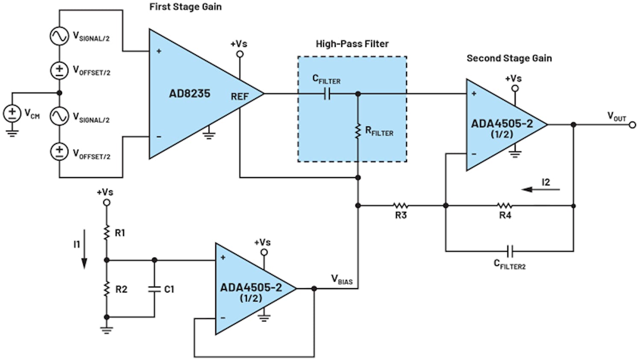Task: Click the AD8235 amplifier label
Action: pyautogui.click(x=190, y=94)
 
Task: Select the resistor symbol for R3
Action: pyautogui.click(x=400, y=206)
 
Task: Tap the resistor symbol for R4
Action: pyautogui.click(x=504, y=206)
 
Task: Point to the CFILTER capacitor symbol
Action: pyautogui.click(x=327, y=94)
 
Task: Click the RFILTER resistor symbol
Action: pyautogui.click(x=358, y=132)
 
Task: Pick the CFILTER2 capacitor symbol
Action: pyautogui.click(x=509, y=251)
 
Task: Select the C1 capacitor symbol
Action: pyautogui.click(x=154, y=289)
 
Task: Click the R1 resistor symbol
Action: pyautogui.click(x=107, y=233)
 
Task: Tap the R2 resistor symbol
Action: pyautogui.click(x=107, y=289)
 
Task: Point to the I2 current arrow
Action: pyautogui.click(x=540, y=189)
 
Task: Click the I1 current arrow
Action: pyautogui.click(x=84, y=249)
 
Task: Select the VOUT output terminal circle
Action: pyautogui.click(x=632, y=125)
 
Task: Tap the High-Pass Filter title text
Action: pyautogui.click(x=352, y=44)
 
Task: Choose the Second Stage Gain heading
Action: pyautogui.click(x=509, y=58)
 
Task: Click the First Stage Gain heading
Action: pyautogui.click(x=185, y=7)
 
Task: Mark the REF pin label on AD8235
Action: pyautogui.click(x=239, y=97)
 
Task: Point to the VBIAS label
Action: pyautogui.click(x=342, y=280)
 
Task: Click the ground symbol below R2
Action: pyautogui.click(x=107, y=329)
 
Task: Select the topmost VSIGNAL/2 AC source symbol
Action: pyautogui.click(x=59, y=36)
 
